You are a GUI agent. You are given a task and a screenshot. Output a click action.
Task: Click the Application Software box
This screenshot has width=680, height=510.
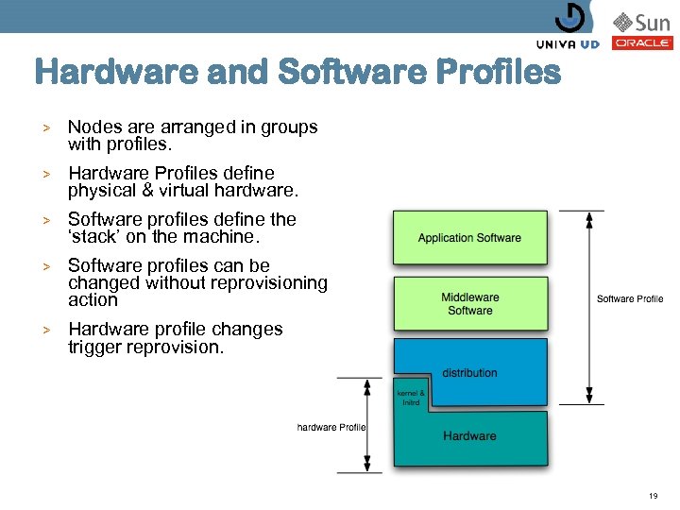pyautogui.click(x=469, y=238)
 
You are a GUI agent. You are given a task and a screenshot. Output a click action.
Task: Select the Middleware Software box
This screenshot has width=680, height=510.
pyautogui.click(x=469, y=303)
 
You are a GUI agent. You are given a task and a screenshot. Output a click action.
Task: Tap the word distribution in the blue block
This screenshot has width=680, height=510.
pyautogui.click(x=469, y=373)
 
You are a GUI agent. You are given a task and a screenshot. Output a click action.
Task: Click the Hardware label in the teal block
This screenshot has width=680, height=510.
pyautogui.click(x=469, y=435)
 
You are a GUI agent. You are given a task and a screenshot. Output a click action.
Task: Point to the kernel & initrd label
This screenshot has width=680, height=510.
pyautogui.click(x=410, y=397)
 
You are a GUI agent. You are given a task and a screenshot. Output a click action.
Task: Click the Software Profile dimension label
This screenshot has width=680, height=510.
pyautogui.click(x=630, y=299)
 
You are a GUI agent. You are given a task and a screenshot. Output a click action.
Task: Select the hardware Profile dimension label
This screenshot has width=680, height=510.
pyautogui.click(x=331, y=428)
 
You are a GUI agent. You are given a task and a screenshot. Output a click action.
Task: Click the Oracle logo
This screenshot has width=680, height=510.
pyautogui.click(x=642, y=42)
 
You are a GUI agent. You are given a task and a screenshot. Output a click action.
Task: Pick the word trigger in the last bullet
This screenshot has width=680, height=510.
pyautogui.click(x=93, y=347)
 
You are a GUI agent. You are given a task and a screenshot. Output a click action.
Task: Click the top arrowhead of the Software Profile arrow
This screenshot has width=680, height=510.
pyautogui.click(x=589, y=216)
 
